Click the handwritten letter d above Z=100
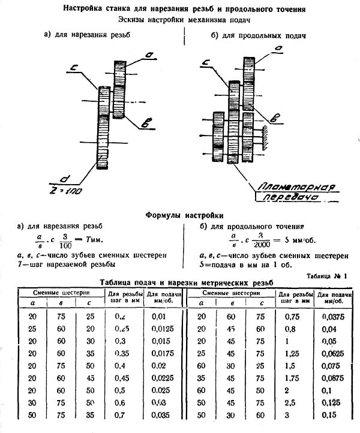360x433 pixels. pyautogui.click(x=62, y=178)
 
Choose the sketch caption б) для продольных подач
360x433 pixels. pyautogui.click(x=252, y=36)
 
